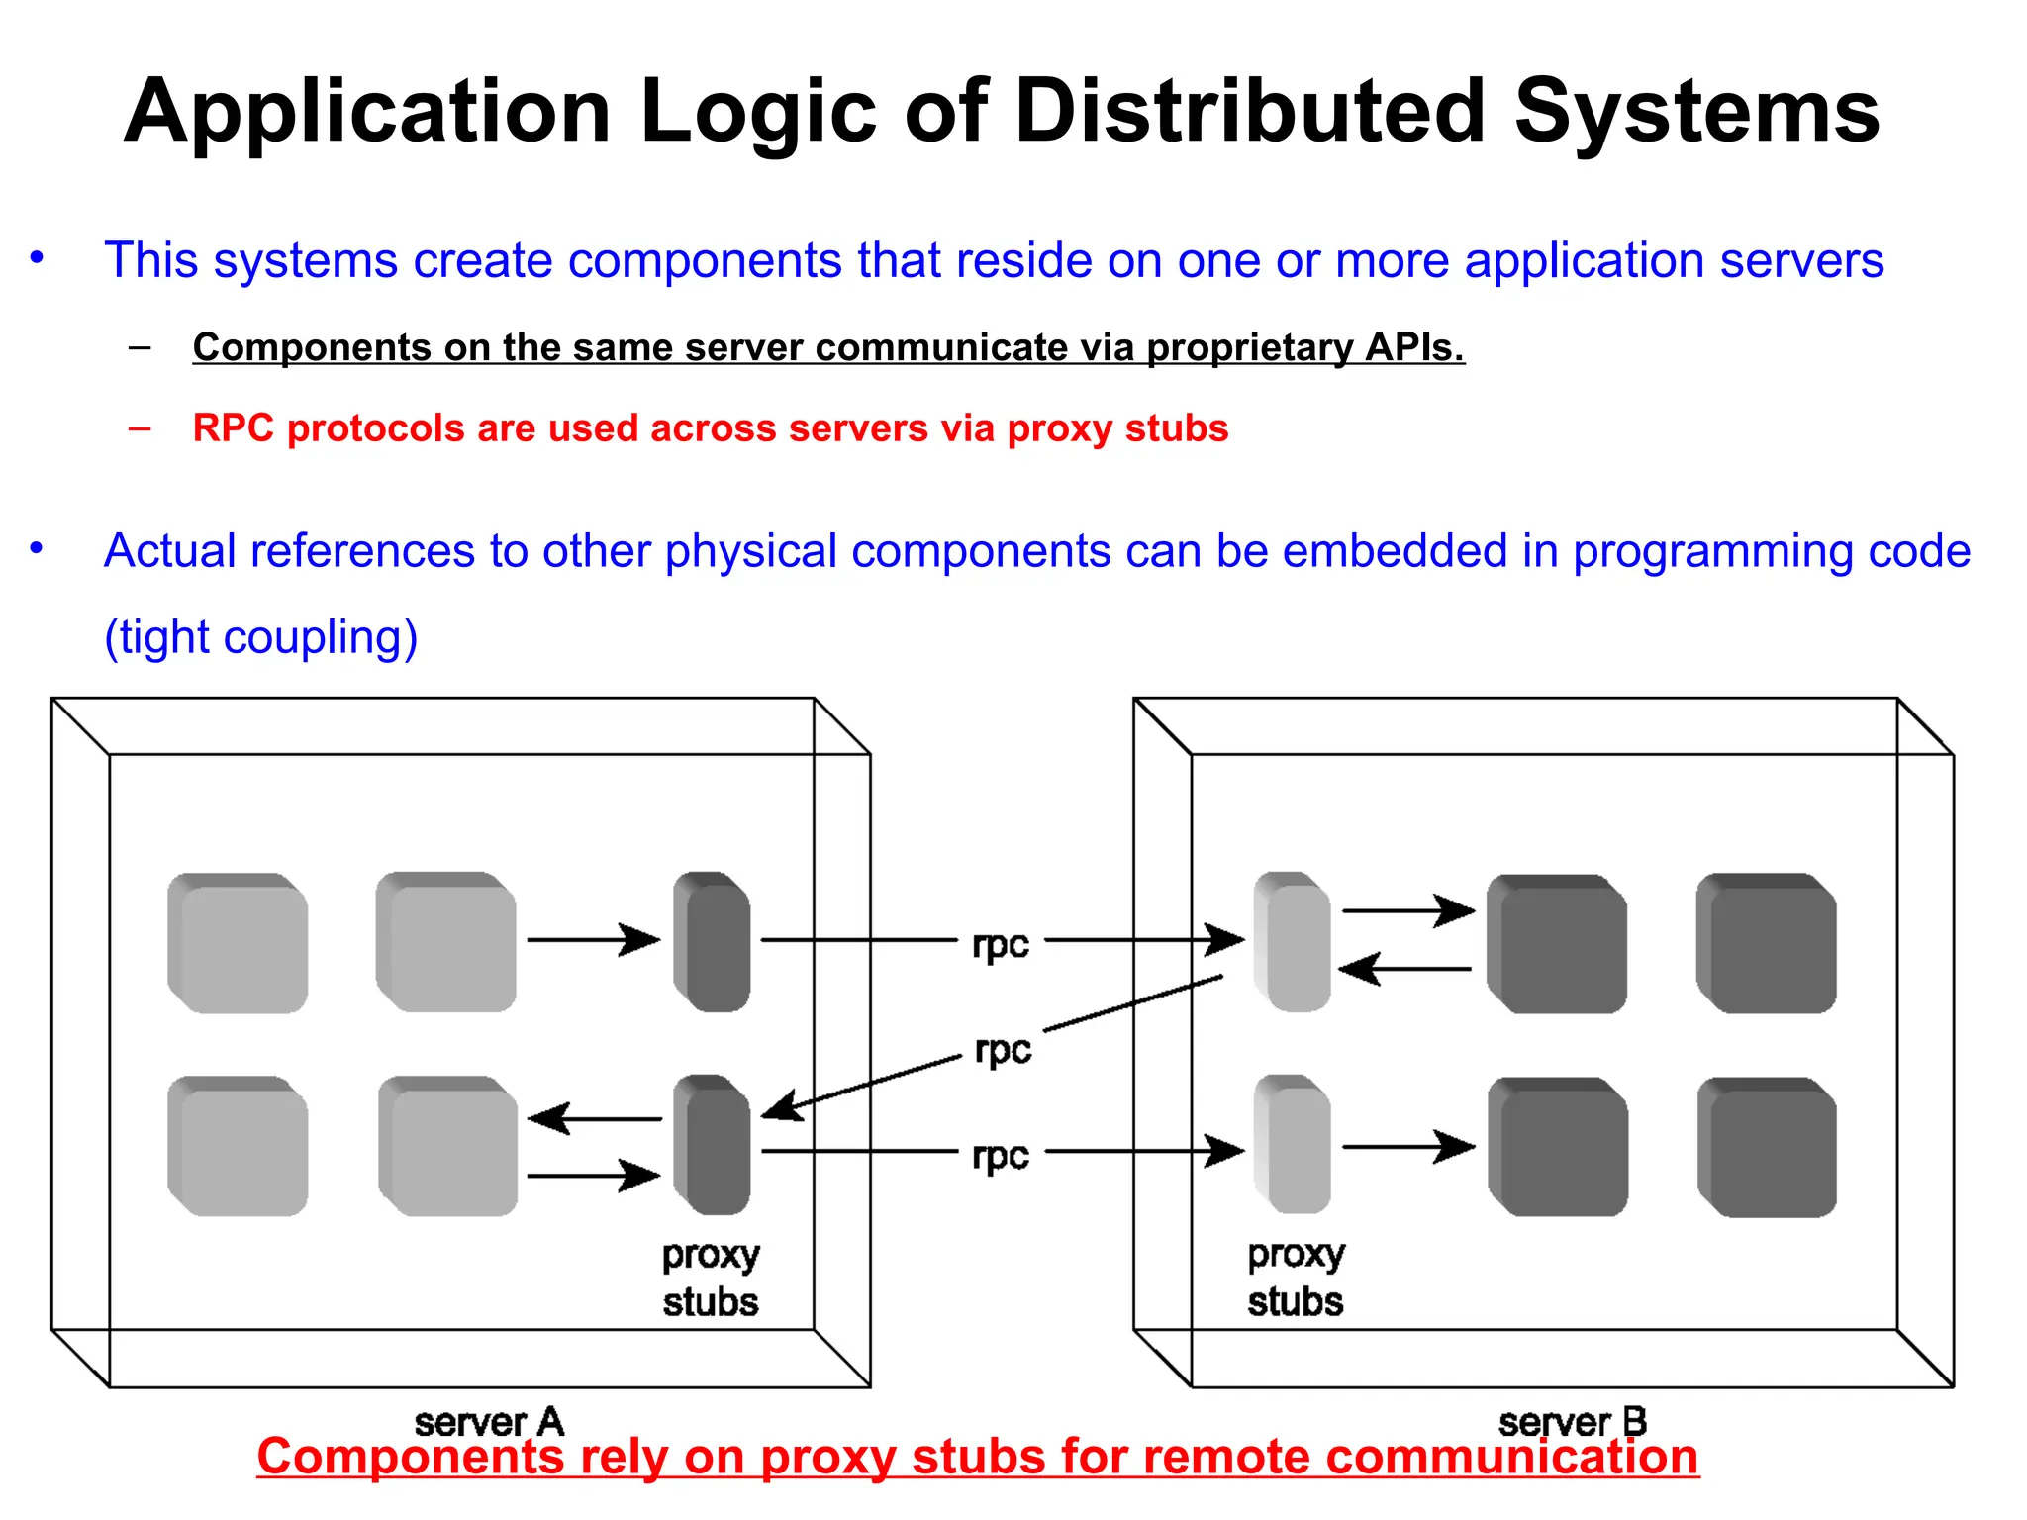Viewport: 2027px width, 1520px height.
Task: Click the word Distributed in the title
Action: point(1249,111)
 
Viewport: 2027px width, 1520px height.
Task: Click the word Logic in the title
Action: point(759,111)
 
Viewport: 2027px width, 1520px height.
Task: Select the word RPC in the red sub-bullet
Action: point(233,428)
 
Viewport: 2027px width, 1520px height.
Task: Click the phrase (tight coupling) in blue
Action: point(261,637)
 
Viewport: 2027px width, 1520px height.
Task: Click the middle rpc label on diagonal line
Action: point(1003,1049)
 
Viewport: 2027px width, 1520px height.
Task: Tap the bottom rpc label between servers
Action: point(1001,1155)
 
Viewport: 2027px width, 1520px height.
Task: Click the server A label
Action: point(489,1422)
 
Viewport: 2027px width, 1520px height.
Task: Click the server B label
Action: point(1572,1422)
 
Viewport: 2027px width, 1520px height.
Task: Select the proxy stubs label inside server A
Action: point(711,1278)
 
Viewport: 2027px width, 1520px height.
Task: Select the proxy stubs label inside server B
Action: point(1296,1278)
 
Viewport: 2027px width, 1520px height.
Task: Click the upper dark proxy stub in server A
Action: point(712,942)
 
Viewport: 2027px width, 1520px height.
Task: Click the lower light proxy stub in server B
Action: point(1292,1145)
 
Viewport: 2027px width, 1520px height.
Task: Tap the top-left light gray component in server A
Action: point(238,943)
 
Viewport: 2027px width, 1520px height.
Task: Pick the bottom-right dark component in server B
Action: point(1767,1148)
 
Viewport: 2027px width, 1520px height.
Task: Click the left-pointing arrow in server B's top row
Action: point(1403,969)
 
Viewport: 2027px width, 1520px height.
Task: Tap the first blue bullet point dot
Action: point(37,259)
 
